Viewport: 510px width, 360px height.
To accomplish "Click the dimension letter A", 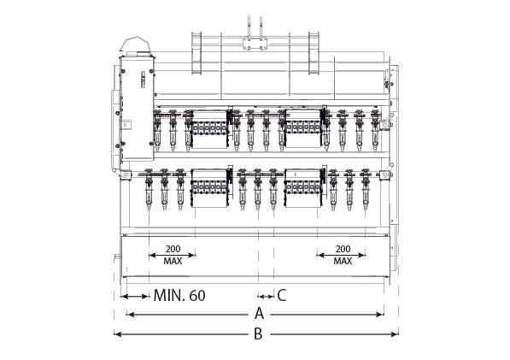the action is coord(259,314).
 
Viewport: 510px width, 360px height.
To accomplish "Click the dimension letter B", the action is coord(258,333).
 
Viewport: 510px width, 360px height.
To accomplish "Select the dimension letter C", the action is coord(282,295).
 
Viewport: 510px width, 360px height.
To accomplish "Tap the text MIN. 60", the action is coord(179,296).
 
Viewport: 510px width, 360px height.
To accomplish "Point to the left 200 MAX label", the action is coord(173,255).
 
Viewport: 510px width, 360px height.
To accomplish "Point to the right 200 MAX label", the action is coord(343,255).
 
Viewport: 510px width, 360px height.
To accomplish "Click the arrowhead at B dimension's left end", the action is coord(118,334).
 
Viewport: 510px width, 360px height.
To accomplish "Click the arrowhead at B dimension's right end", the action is coord(395,334).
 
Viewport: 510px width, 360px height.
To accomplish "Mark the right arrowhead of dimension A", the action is coord(379,315).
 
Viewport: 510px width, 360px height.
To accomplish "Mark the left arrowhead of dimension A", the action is coord(131,315).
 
